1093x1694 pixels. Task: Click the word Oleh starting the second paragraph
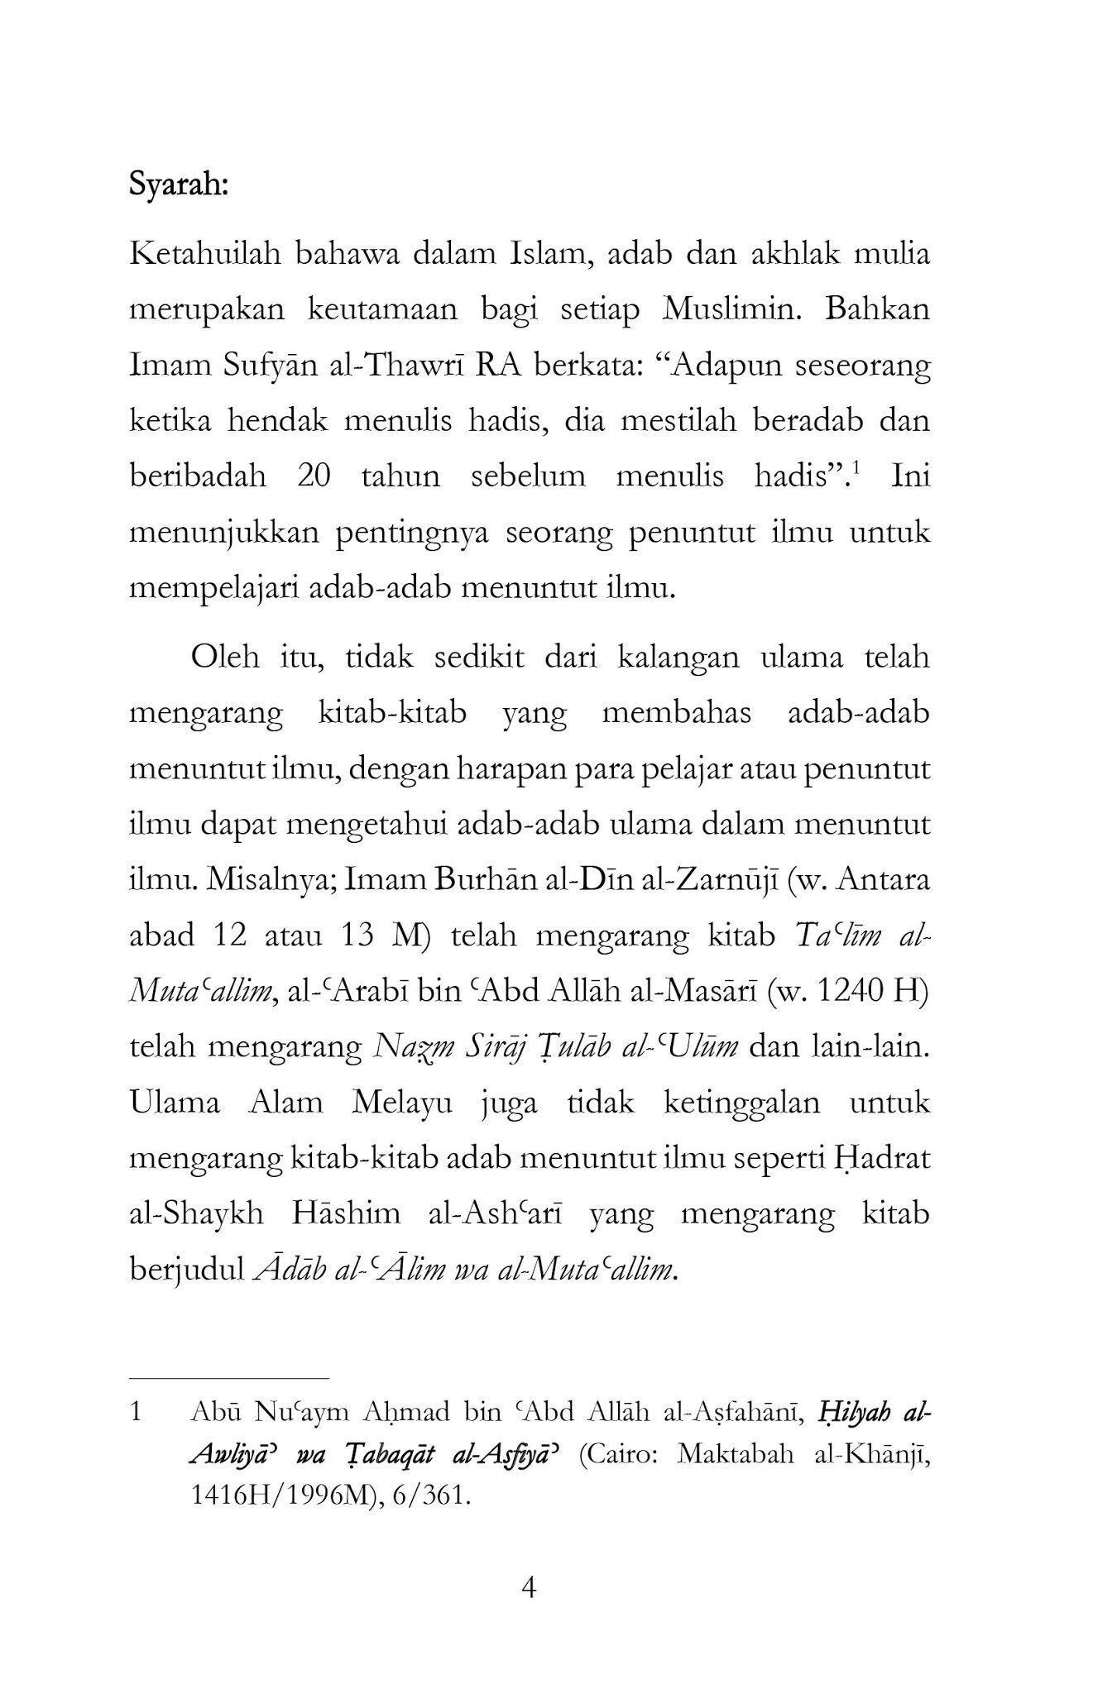pos(221,658)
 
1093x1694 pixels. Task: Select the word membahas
pos(676,713)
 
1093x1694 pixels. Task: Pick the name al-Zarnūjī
pos(721,879)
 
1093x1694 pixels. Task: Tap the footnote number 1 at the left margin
pos(137,1412)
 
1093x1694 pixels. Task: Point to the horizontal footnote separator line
pos(229,1379)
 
